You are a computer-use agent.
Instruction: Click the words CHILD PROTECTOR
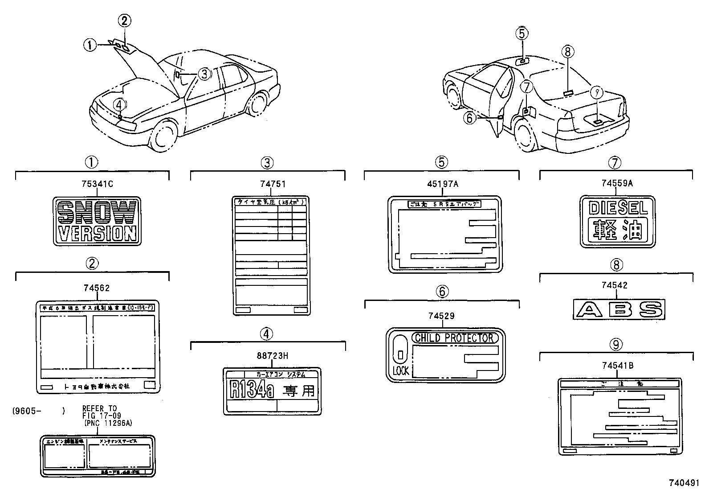[x=453, y=338]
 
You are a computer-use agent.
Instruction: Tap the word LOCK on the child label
[x=400, y=371]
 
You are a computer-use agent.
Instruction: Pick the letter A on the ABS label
[x=588, y=309]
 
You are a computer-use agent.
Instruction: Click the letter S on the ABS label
[x=650, y=309]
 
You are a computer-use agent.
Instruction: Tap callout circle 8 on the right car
[x=567, y=51]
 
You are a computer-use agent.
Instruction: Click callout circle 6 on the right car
[x=470, y=118]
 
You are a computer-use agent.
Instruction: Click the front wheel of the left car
[x=163, y=136]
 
